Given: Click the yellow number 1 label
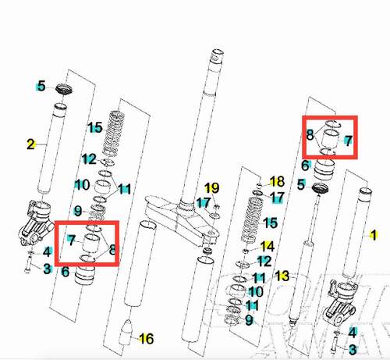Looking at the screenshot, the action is tap(374, 235).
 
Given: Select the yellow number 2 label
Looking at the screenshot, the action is tap(30, 144).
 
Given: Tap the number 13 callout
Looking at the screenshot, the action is tap(282, 276).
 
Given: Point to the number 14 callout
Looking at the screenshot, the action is tap(268, 246).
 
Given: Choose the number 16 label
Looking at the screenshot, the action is tap(147, 339).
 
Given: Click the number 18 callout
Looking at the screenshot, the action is tap(277, 181).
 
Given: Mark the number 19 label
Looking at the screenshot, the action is tap(211, 188).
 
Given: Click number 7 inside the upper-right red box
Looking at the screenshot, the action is tap(349, 141).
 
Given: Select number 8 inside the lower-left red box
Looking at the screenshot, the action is tap(112, 250).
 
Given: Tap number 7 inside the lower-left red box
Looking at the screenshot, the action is tap(71, 241).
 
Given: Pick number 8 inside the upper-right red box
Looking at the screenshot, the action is tap(310, 135).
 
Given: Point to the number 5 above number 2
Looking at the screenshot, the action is tap(41, 86).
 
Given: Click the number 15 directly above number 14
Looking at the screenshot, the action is tap(270, 223).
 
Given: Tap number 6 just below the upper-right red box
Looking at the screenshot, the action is tap(305, 166).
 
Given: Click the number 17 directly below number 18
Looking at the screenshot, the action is tap(277, 198).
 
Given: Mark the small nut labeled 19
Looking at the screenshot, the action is tap(216, 207).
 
